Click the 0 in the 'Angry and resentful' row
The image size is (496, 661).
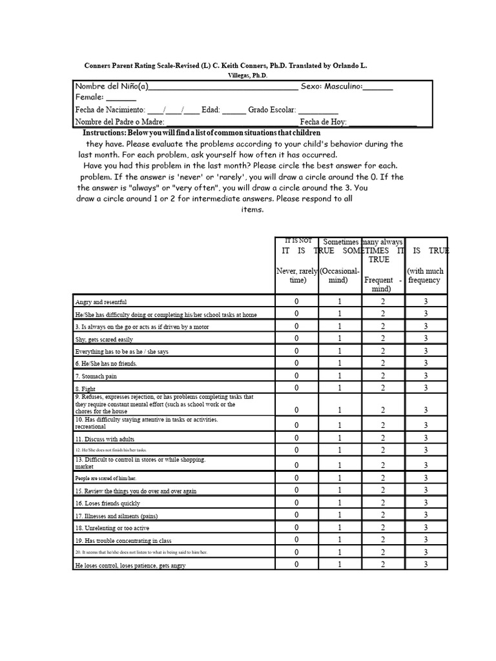[296, 301]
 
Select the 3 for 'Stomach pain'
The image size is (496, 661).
[426, 376]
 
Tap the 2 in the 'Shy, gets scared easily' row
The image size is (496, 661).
[382, 338]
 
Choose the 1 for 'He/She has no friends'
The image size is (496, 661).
[340, 363]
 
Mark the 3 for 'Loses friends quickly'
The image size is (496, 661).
[426, 503]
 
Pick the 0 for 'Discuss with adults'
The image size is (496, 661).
[296, 438]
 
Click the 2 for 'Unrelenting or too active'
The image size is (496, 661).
[382, 527]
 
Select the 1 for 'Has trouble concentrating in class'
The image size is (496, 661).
[340, 540]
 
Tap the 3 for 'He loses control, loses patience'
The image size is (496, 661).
[426, 564]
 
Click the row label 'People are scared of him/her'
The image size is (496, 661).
[106, 478]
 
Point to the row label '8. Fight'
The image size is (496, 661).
[86, 389]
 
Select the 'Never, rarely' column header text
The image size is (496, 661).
[296, 272]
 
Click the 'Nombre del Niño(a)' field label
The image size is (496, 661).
[112, 86]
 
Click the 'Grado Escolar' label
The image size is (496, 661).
[272, 110]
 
